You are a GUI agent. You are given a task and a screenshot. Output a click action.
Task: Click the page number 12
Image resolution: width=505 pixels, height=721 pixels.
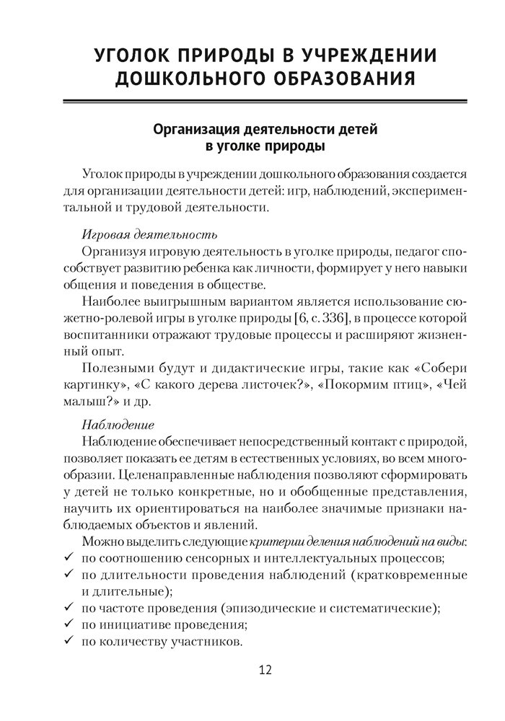265,671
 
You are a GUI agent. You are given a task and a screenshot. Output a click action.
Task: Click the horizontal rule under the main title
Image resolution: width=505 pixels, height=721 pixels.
265,100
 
